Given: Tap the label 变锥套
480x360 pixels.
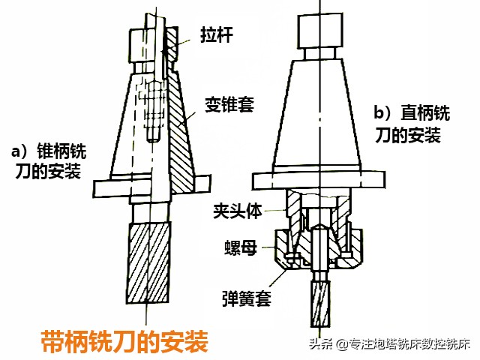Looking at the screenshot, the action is [x=229, y=104].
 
